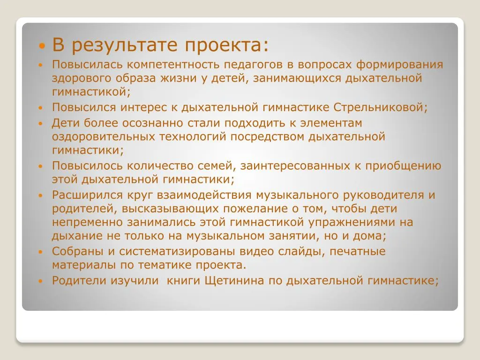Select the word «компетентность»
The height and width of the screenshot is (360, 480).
173,65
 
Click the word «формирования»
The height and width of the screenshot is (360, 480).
400,65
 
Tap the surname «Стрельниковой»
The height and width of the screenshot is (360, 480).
380,107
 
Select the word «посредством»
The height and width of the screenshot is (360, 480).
267,137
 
